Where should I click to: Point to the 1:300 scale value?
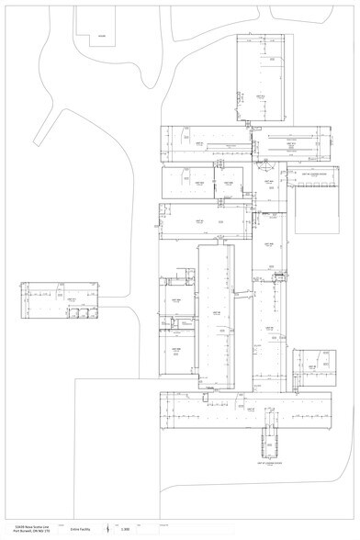pos(125,529)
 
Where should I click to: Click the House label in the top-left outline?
pos(102,37)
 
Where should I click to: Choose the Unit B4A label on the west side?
pos(175,301)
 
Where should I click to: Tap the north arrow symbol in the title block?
pos(107,529)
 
